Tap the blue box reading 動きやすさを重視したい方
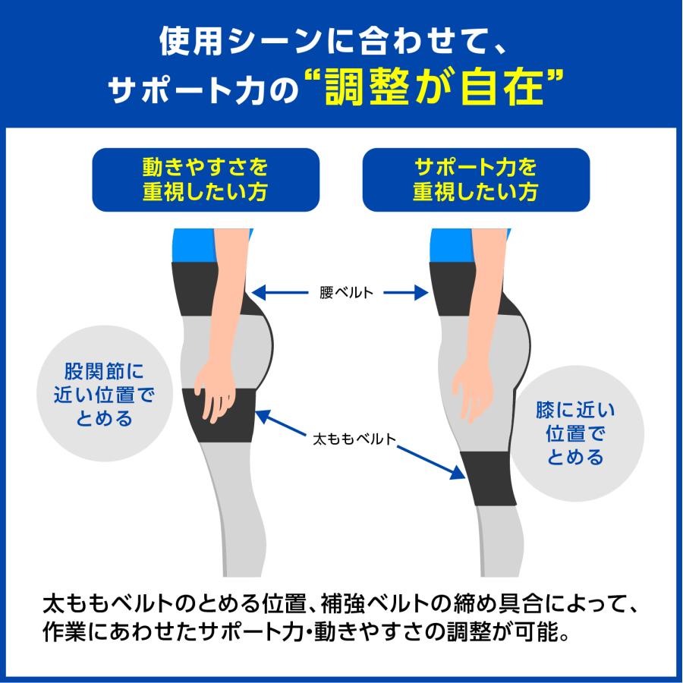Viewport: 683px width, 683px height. [x=205, y=179]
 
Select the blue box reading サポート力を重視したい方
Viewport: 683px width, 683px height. [x=476, y=179]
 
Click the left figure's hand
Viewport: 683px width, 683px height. [x=216, y=391]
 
